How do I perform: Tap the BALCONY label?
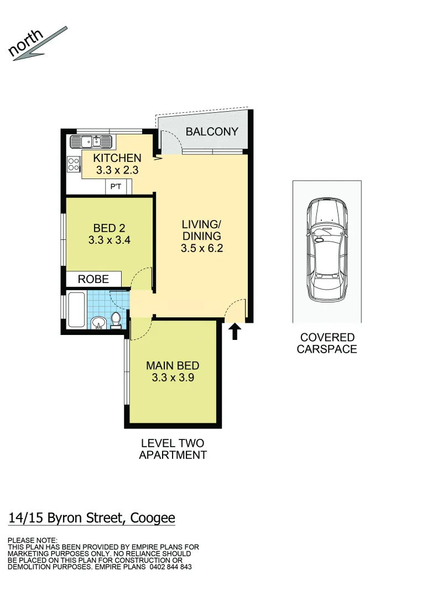point(212,132)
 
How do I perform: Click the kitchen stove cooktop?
point(74,164)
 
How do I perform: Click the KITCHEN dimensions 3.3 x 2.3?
point(117,171)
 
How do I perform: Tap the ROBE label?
point(93,279)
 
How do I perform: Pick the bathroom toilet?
point(116,320)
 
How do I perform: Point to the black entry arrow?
point(235,332)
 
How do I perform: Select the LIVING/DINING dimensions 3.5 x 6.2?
point(201,249)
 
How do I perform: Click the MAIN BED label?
point(173,365)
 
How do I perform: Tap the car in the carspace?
point(327,249)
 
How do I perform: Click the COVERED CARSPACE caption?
point(327,343)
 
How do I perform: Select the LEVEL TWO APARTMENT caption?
point(173,449)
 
